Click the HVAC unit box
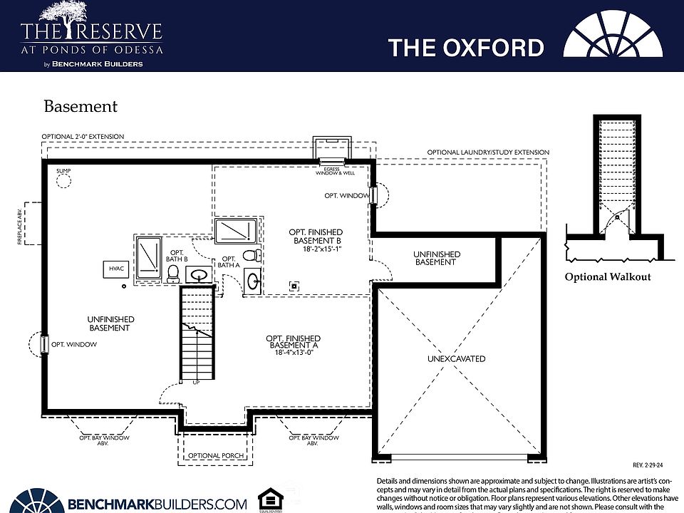(115, 269)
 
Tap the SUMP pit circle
(65, 181)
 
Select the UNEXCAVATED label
(456, 359)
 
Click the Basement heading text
(81, 107)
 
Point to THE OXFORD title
(466, 48)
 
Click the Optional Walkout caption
(608, 277)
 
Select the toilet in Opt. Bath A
(249, 255)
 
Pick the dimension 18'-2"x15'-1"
(315, 249)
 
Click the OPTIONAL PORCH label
(216, 456)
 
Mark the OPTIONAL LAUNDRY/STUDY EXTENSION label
(488, 152)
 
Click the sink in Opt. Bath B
(200, 274)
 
